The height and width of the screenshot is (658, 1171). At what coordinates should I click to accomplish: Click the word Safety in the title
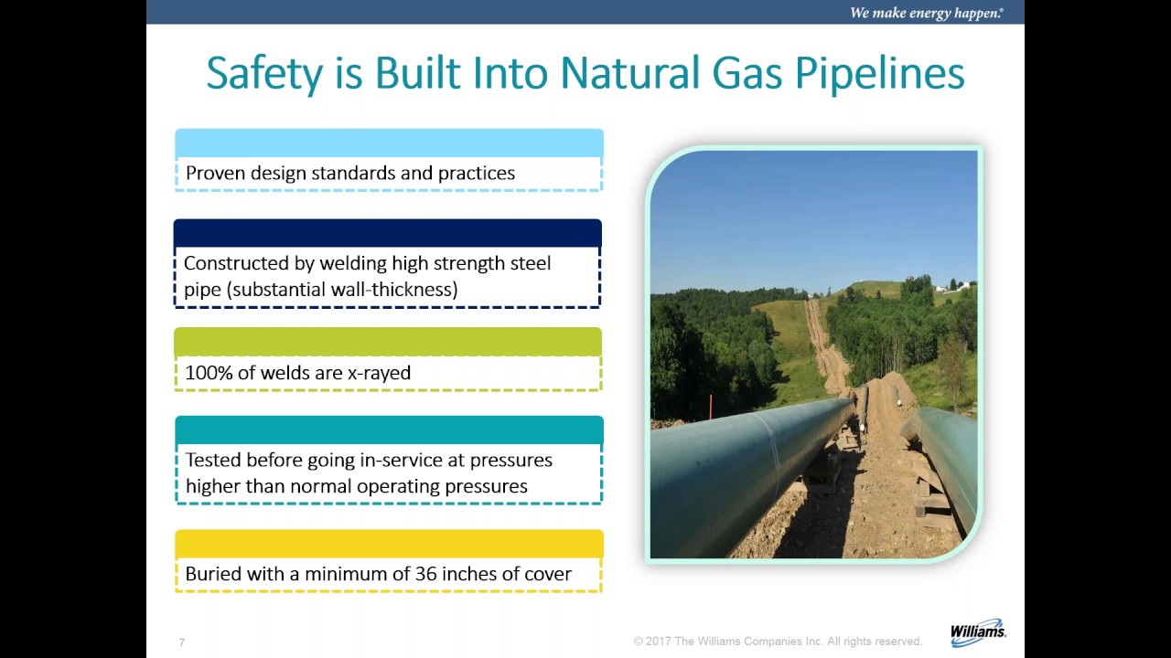(x=264, y=73)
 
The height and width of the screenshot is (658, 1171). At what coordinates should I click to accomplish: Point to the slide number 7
(x=182, y=642)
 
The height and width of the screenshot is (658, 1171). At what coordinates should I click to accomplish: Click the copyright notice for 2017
(x=778, y=642)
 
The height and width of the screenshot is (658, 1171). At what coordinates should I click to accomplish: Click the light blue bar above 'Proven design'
(x=389, y=143)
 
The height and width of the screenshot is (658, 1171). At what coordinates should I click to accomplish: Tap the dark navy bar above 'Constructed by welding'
(x=388, y=233)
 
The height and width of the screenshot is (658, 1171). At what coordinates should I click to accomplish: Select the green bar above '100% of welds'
(x=388, y=342)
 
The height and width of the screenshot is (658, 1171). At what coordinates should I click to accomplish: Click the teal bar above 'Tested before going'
(x=389, y=430)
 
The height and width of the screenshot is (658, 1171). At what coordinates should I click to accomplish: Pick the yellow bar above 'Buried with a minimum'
(x=389, y=544)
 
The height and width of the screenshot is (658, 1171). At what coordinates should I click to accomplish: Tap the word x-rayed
(x=379, y=373)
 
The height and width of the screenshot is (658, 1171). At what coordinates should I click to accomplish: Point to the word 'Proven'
(x=215, y=173)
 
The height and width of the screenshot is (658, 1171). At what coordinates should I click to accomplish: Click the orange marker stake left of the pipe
(x=709, y=404)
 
